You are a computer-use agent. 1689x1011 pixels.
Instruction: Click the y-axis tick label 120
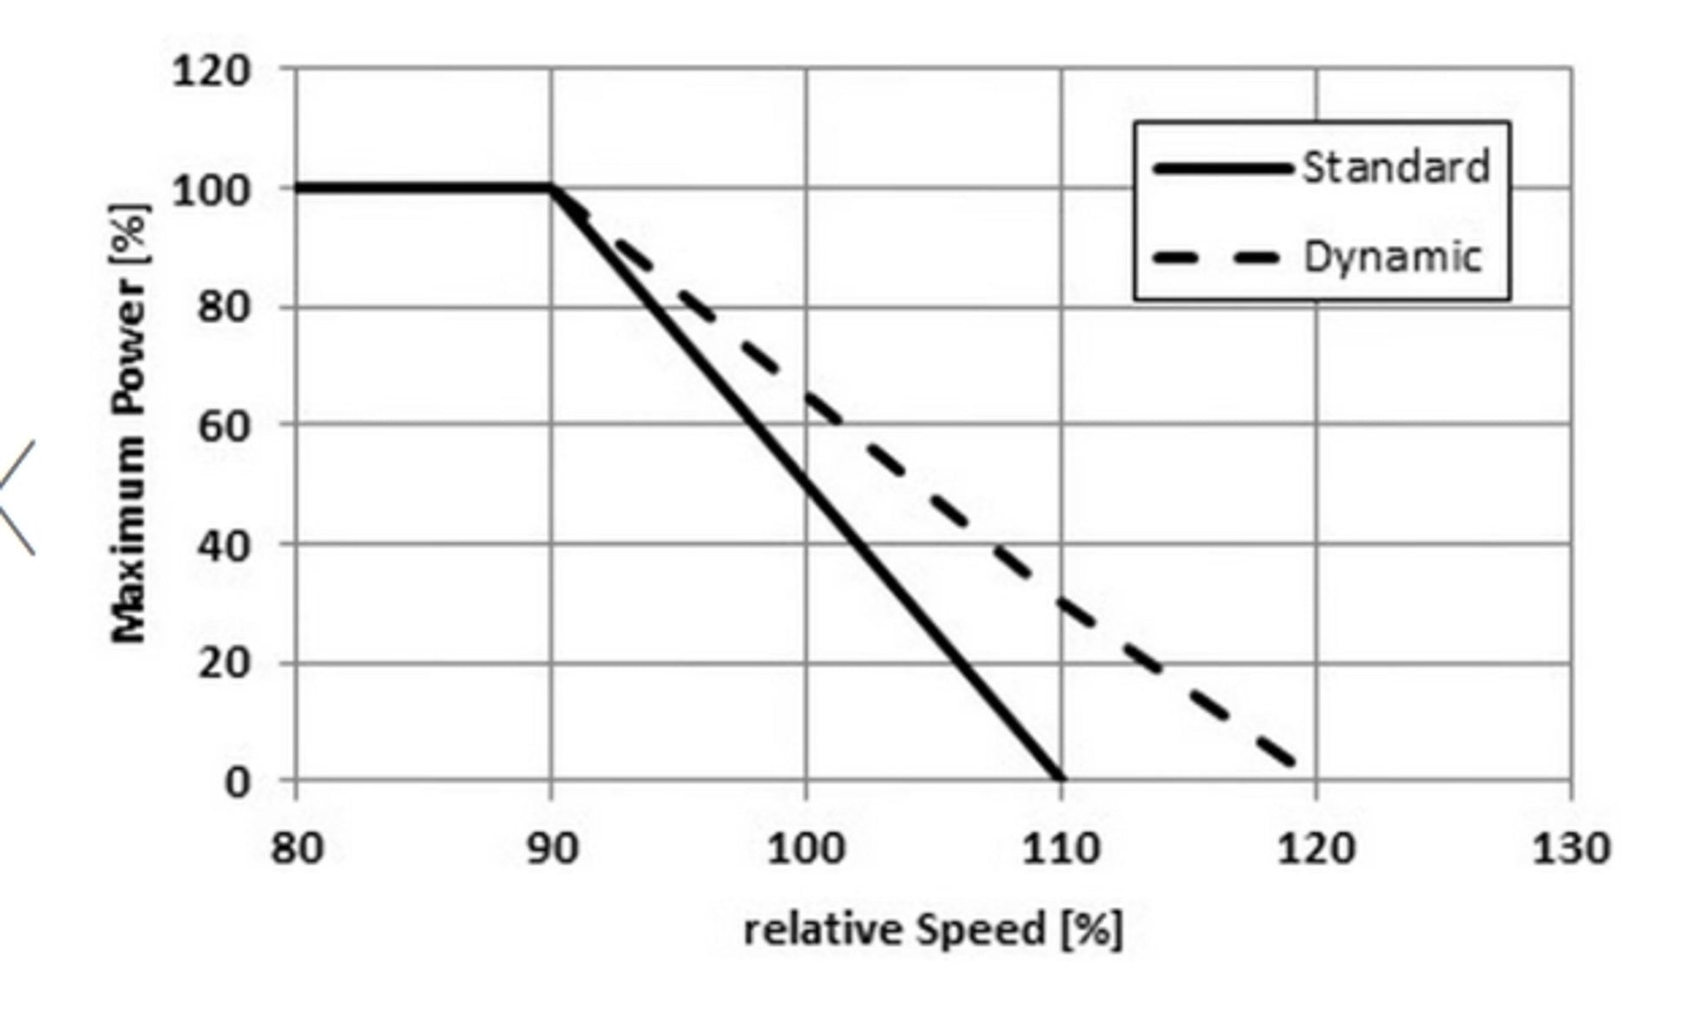tap(211, 71)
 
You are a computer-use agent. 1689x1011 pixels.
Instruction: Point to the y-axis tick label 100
tap(211, 190)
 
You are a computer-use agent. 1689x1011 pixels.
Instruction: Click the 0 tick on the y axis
tap(237, 782)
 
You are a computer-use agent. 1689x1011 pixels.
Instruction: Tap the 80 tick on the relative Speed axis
tap(297, 848)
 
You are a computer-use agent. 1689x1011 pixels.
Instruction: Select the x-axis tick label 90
tap(552, 848)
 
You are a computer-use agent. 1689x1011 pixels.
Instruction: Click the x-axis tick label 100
tap(805, 848)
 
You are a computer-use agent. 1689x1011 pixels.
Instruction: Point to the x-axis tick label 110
tap(1061, 848)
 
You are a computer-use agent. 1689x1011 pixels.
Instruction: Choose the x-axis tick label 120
tap(1316, 848)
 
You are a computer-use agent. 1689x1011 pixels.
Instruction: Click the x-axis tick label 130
tap(1571, 848)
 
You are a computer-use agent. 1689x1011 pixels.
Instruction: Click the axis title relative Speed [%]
tap(933, 930)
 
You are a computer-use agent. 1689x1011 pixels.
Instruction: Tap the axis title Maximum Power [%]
tap(130, 423)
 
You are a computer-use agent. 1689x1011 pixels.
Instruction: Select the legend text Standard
tap(1396, 167)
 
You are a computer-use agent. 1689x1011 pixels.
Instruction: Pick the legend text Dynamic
tap(1392, 258)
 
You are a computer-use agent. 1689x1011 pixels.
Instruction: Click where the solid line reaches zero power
tap(1060, 778)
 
